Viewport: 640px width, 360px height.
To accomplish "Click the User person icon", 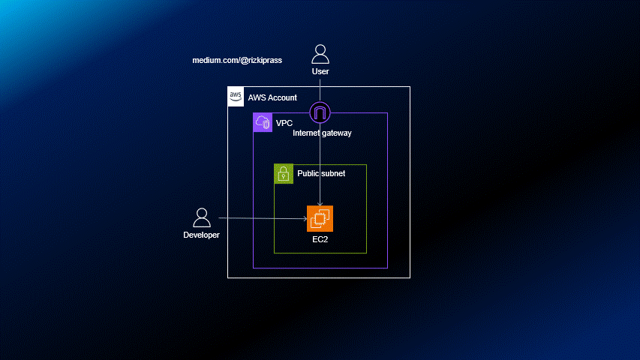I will (320, 54).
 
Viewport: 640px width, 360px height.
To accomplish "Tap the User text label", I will (320, 72).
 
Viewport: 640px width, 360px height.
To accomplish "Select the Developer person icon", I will (202, 217).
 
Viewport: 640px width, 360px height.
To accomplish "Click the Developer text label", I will (202, 235).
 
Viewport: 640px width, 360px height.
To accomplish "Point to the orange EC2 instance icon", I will (320, 218).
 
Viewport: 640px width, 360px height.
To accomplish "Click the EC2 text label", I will (320, 239).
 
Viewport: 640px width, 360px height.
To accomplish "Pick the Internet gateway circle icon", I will (320, 114).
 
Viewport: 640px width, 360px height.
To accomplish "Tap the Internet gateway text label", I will (322, 133).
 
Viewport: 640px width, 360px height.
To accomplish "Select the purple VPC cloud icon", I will (263, 122).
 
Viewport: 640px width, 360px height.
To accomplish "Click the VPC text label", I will (284, 122).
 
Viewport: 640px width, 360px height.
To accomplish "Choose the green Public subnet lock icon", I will (284, 174).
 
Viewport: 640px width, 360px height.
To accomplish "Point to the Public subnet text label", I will (321, 173).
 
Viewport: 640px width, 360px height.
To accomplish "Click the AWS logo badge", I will (236, 96).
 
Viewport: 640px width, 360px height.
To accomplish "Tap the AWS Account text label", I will (272, 97).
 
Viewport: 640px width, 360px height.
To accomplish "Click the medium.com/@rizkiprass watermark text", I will (237, 60).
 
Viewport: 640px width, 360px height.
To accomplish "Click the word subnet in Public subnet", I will (333, 173).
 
